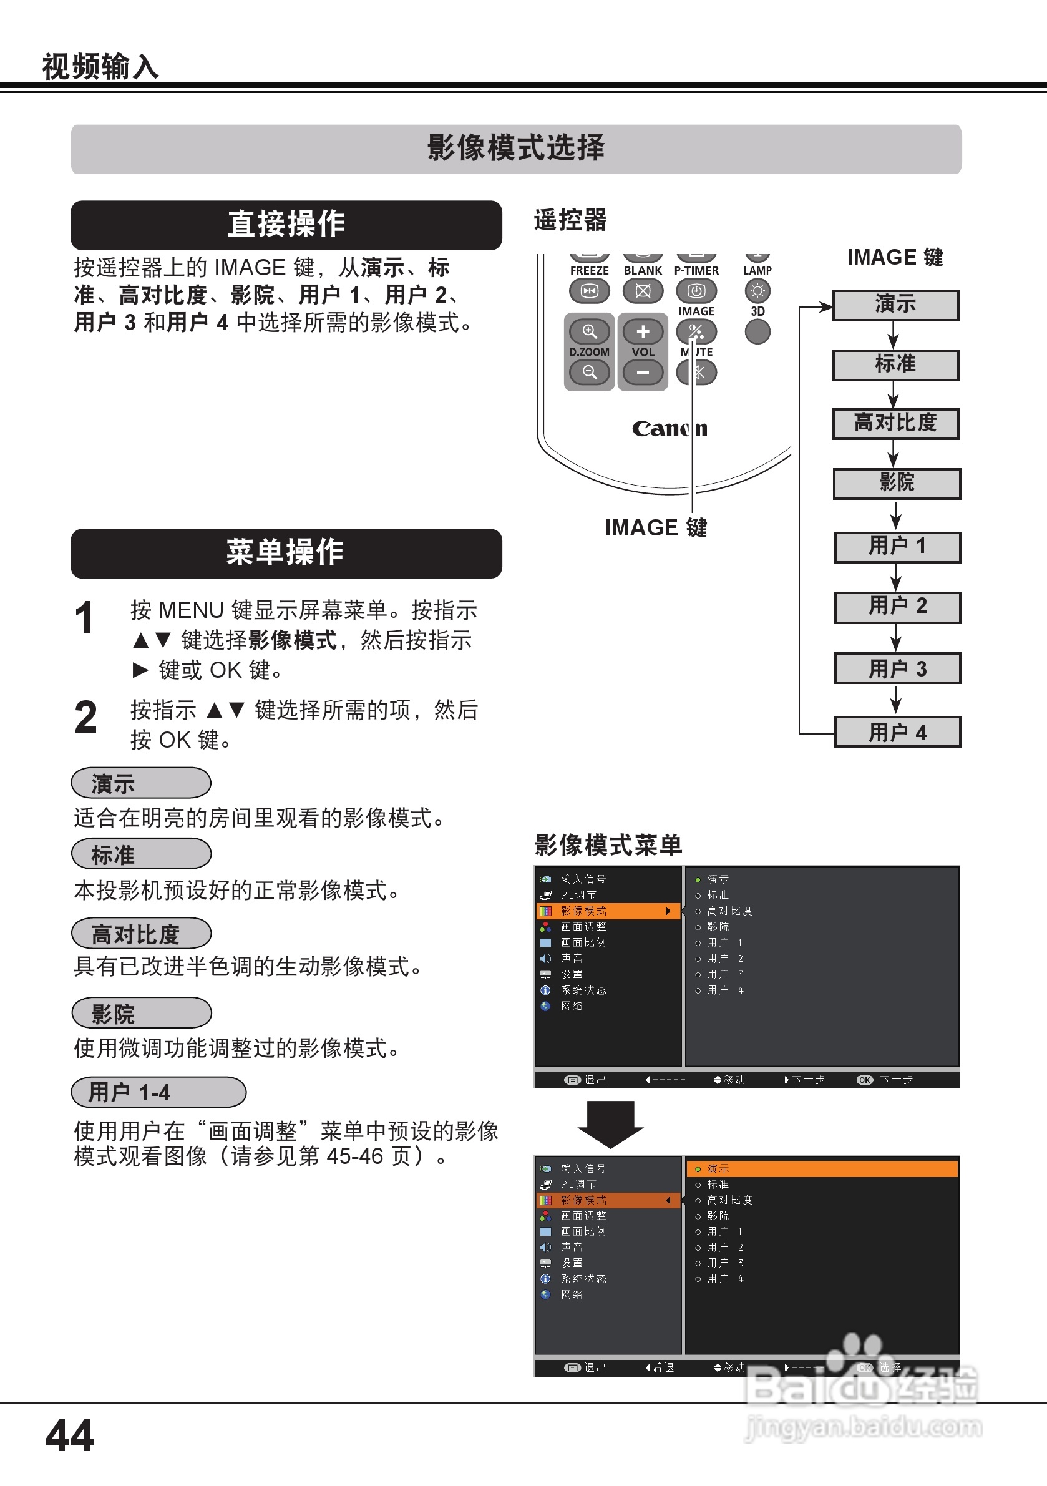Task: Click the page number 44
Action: (x=69, y=1435)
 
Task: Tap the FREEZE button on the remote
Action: (x=589, y=291)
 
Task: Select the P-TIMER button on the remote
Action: (x=696, y=291)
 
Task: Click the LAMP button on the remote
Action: (x=757, y=291)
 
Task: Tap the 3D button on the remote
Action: (x=757, y=332)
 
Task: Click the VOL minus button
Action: (x=643, y=373)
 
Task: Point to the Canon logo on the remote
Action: (x=669, y=429)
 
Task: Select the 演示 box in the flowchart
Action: (x=895, y=305)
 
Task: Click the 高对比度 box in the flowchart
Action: (x=895, y=424)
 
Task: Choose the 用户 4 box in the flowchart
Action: (x=897, y=732)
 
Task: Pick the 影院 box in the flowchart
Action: (x=897, y=484)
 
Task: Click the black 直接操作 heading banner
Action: (x=286, y=225)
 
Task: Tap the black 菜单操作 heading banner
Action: (x=286, y=554)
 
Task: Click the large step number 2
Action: (x=85, y=718)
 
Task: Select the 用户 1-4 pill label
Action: (x=158, y=1092)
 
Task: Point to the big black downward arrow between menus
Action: (x=610, y=1123)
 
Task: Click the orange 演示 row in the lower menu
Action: (x=822, y=1169)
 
